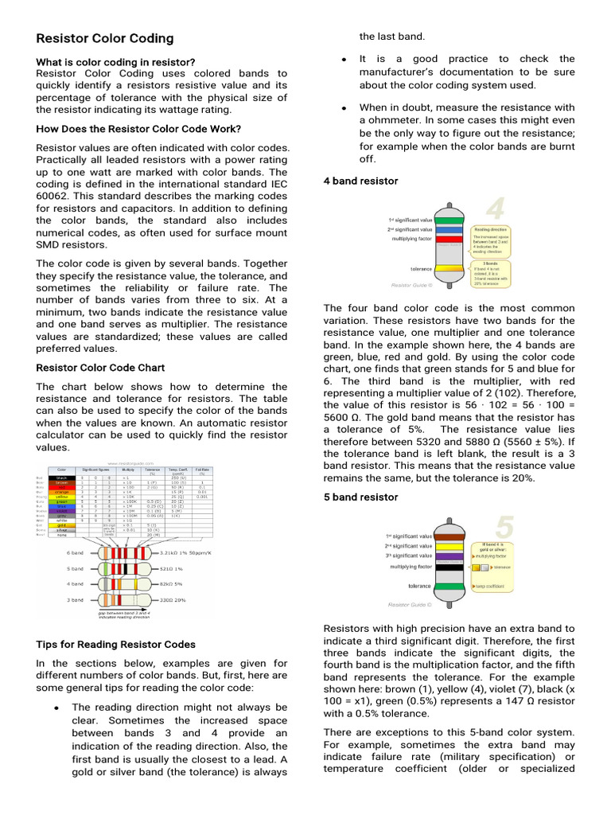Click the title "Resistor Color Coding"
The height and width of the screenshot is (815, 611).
click(x=105, y=38)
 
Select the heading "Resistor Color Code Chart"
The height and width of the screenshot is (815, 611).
click(x=101, y=368)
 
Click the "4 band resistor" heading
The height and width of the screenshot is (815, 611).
click(x=360, y=181)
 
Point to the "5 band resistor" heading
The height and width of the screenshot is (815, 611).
click(x=360, y=497)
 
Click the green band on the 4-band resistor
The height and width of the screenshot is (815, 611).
click(x=450, y=219)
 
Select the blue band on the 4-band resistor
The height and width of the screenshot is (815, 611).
click(x=450, y=228)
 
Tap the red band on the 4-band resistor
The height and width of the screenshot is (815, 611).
click(x=450, y=239)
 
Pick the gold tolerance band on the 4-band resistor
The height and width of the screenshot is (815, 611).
click(x=450, y=269)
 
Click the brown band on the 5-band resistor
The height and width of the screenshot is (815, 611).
click(x=450, y=536)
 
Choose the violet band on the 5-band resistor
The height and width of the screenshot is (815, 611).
click(x=450, y=556)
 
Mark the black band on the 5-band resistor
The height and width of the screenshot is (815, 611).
click(x=450, y=567)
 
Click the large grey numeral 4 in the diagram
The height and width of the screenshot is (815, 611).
click(x=495, y=209)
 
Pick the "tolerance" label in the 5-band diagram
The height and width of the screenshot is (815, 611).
click(x=419, y=585)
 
